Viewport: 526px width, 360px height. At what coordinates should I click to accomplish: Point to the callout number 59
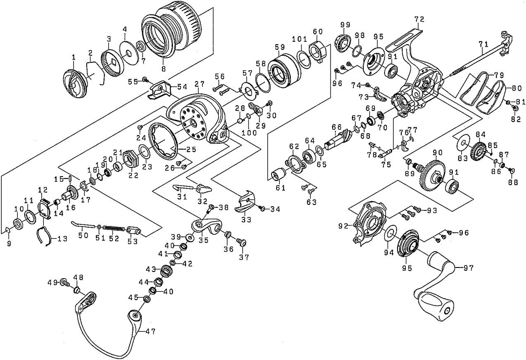click(280, 46)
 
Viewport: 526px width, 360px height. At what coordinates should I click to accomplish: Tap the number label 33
click(246, 220)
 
